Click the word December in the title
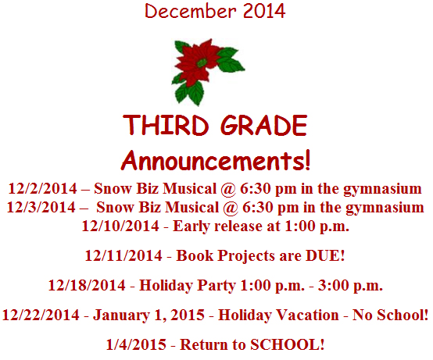(x=191, y=11)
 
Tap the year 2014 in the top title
(x=264, y=11)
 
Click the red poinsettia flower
(x=199, y=62)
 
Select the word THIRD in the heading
(x=166, y=125)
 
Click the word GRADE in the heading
(x=263, y=125)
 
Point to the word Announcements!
(x=216, y=161)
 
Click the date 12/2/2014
(x=42, y=189)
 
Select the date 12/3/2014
(x=41, y=207)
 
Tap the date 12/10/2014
(x=120, y=226)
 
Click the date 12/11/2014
(x=123, y=255)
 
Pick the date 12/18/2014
(x=87, y=285)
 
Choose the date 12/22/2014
(x=41, y=315)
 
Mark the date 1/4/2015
(x=136, y=344)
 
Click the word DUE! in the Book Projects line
(x=325, y=255)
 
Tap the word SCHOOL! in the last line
(x=287, y=344)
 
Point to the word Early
(x=191, y=226)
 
